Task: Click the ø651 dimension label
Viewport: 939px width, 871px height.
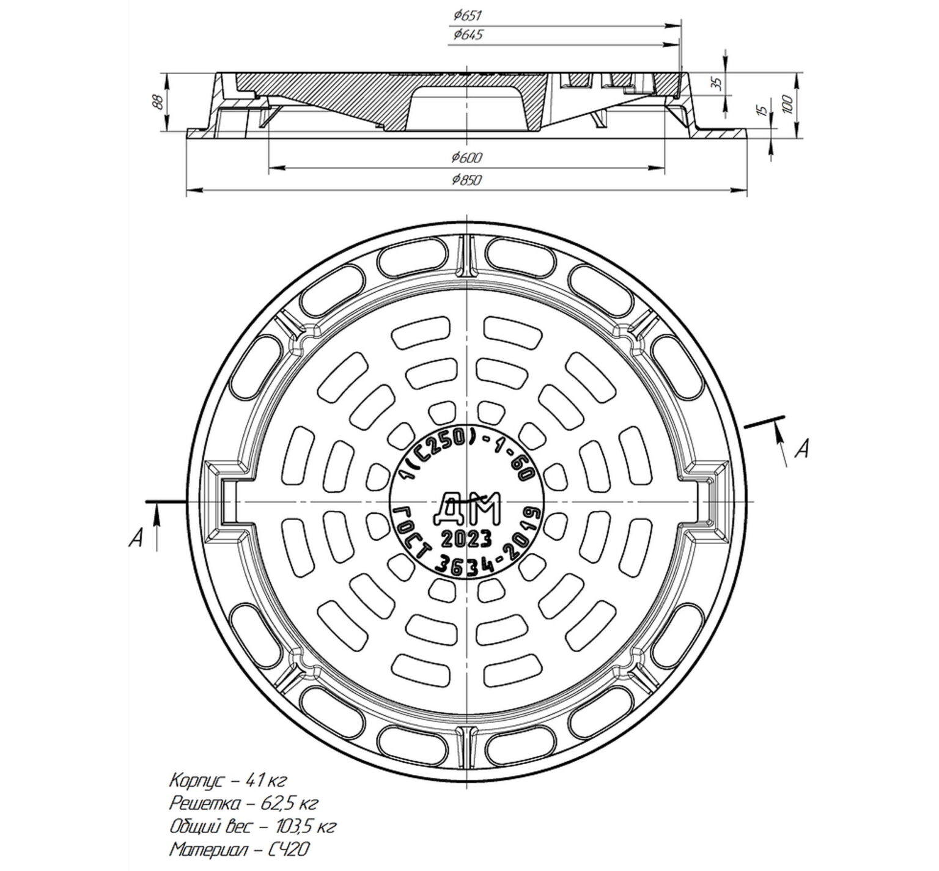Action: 468,17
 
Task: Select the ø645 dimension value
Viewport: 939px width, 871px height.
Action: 468,35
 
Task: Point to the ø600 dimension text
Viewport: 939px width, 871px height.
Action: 467,158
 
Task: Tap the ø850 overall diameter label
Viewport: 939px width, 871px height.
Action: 467,180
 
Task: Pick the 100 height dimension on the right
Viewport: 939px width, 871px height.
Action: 787,103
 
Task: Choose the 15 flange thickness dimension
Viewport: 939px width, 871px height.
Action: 761,110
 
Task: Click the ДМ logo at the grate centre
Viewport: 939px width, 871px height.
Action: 466,507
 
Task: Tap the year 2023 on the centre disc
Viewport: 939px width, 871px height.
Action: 466,538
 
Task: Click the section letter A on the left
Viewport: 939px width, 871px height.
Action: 139,538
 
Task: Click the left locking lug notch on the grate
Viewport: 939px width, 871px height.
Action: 229,501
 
